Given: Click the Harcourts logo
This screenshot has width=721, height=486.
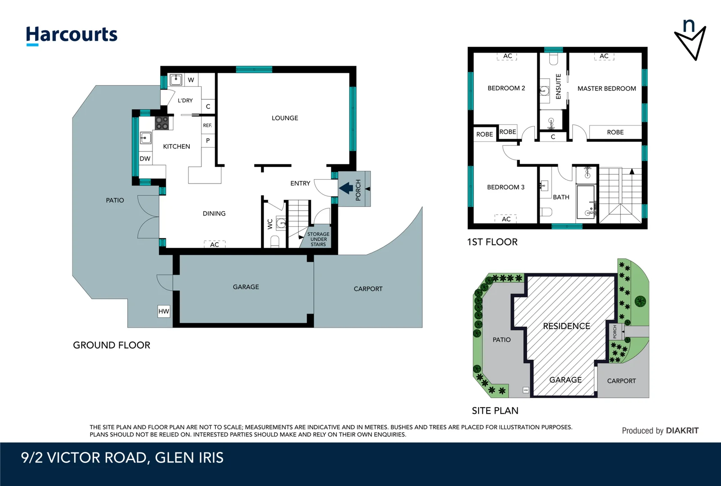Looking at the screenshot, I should pyautogui.click(x=72, y=35).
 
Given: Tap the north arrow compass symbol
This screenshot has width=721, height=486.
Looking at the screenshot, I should pyautogui.click(x=690, y=40).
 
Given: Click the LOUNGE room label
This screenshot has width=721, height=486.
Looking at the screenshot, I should pyautogui.click(x=285, y=118).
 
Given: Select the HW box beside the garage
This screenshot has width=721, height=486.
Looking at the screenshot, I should pyautogui.click(x=164, y=311).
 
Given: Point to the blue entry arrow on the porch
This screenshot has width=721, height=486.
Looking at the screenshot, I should pyautogui.click(x=346, y=188).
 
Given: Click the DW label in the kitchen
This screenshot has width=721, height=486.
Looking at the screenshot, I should pyautogui.click(x=145, y=159).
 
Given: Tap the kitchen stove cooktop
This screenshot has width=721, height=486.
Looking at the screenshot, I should pyautogui.click(x=162, y=123).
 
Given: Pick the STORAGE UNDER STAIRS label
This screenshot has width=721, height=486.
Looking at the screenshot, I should pyautogui.click(x=318, y=239).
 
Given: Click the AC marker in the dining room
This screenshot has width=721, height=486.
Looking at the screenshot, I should pyautogui.click(x=215, y=244).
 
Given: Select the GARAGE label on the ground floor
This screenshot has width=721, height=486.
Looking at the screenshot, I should pyautogui.click(x=246, y=287).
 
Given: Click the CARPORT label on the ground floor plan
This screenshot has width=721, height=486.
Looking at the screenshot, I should pyautogui.click(x=368, y=289).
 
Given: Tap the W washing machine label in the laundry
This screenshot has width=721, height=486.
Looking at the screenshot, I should pyautogui.click(x=191, y=80).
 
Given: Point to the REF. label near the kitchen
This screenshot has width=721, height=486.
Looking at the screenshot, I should pyautogui.click(x=207, y=126).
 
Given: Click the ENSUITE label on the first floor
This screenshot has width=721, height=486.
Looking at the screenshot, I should pyautogui.click(x=558, y=86).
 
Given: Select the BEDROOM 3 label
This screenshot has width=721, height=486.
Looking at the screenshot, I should pyautogui.click(x=506, y=187).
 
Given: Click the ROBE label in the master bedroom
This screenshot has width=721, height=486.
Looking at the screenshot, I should pyautogui.click(x=615, y=132).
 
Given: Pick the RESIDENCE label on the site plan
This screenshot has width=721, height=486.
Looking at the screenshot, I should pyautogui.click(x=566, y=326).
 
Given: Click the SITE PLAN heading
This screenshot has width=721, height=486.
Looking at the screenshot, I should pyautogui.click(x=495, y=411).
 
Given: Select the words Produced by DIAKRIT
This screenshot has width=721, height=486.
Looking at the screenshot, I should pyautogui.click(x=660, y=431).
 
